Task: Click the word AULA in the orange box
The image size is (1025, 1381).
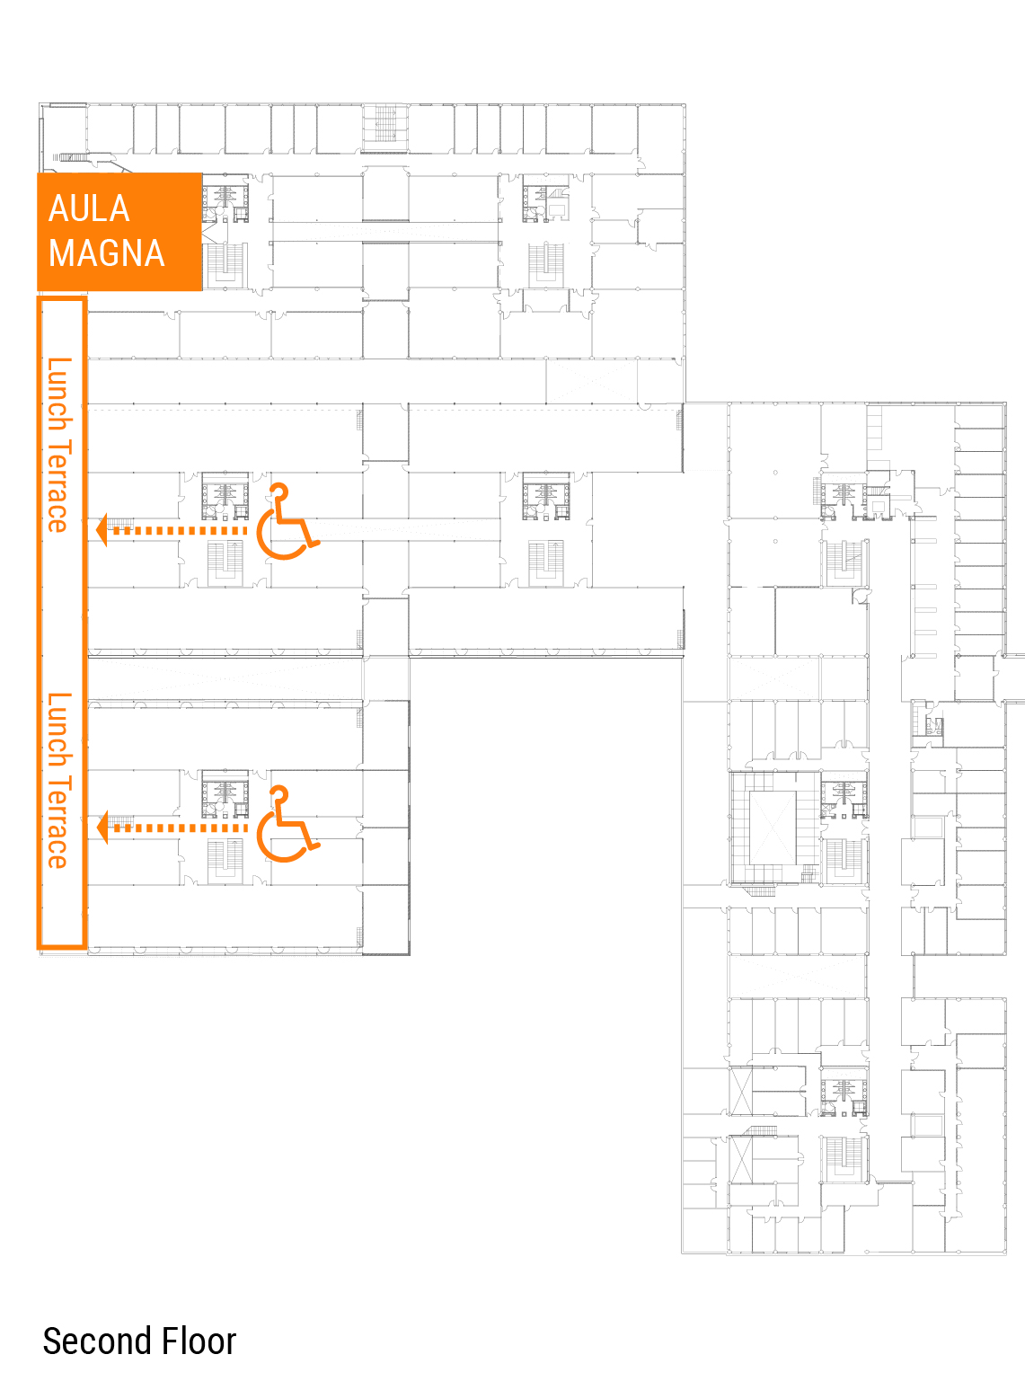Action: (89, 208)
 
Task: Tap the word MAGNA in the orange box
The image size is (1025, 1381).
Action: (107, 253)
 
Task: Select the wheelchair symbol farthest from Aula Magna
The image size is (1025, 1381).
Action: (287, 823)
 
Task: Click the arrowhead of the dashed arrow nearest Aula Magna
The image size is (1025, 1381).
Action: (102, 530)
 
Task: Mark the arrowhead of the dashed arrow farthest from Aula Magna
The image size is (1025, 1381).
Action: (102, 828)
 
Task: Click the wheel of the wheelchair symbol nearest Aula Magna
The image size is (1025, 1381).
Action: (281, 535)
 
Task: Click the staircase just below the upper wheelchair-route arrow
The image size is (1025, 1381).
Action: (225, 563)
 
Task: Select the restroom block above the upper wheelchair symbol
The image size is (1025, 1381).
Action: (225, 496)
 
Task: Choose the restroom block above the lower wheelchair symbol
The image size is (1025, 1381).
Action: (225, 794)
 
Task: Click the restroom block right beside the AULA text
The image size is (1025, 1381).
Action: (225, 199)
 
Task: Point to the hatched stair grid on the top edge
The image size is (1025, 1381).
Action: (384, 123)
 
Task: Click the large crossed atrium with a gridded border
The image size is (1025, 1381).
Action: (774, 828)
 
